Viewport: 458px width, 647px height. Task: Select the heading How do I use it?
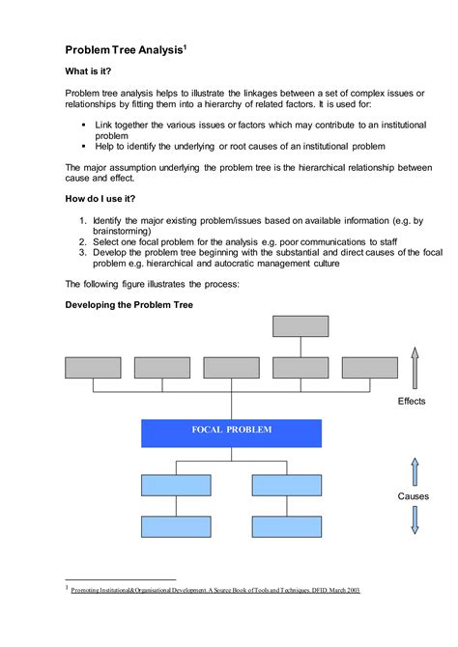tap(107, 198)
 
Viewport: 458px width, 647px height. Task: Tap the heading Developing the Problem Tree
tap(129, 304)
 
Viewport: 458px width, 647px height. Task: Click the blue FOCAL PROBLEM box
tap(231, 432)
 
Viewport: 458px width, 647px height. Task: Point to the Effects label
tap(413, 400)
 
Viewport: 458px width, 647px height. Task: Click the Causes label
tap(414, 496)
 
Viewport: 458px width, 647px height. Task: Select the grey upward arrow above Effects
tap(415, 368)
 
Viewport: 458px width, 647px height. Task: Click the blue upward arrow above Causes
tap(415, 471)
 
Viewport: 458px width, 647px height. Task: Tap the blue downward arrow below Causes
tap(415, 520)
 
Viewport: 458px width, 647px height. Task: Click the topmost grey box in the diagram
tap(301, 325)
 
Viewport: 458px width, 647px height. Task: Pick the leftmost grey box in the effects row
tap(93, 367)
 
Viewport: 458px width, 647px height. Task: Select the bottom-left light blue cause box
tap(176, 526)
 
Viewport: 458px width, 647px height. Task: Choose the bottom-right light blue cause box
tap(287, 526)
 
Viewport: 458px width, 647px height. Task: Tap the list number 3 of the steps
tap(83, 252)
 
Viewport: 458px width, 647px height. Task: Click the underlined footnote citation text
tap(215, 589)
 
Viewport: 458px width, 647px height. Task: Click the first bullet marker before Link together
tap(84, 126)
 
